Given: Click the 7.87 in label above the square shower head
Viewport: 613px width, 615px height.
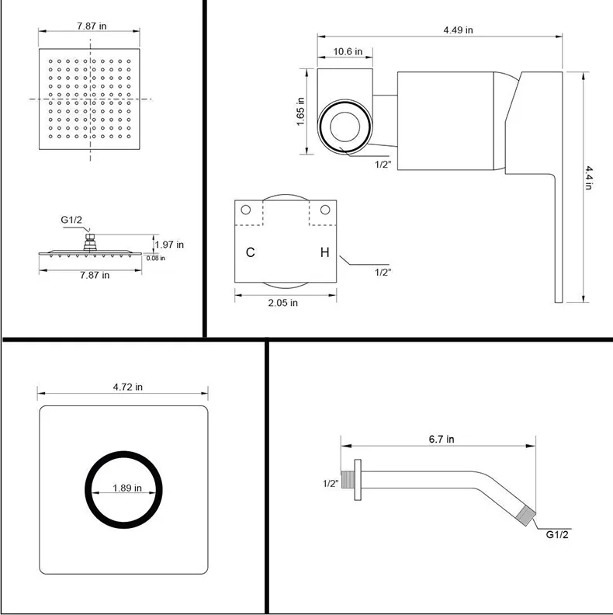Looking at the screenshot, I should (x=92, y=26).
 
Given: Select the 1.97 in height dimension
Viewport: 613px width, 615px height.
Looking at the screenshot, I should (x=168, y=244).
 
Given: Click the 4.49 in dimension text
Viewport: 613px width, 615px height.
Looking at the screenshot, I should (x=458, y=30).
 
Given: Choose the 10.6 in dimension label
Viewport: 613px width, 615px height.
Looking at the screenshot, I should (x=348, y=52).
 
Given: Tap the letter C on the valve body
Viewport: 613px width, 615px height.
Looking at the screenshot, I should (x=250, y=253).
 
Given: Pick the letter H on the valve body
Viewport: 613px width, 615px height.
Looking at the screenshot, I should (x=324, y=253).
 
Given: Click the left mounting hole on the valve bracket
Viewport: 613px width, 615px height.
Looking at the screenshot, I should (x=246, y=210).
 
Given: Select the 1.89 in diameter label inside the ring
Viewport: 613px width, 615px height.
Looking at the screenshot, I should (x=126, y=488).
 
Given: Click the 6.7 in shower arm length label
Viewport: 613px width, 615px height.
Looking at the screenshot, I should (x=441, y=440).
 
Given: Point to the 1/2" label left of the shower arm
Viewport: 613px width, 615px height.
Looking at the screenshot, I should (x=331, y=483).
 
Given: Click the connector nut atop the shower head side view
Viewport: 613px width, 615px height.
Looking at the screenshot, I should (x=91, y=241).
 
